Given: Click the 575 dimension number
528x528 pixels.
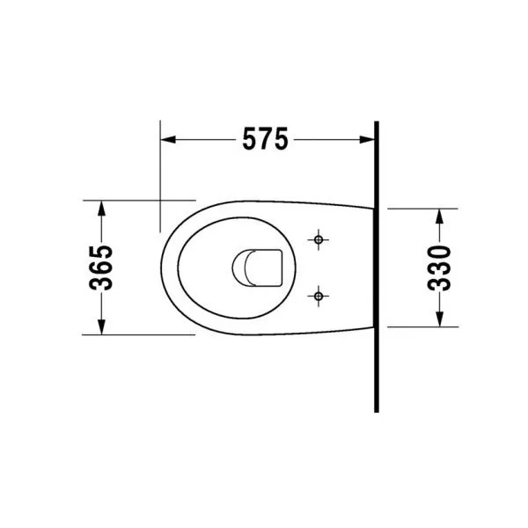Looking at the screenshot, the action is pos(266,138).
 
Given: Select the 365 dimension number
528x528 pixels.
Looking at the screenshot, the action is pos(101,268).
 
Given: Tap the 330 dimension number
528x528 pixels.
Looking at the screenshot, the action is pos(439,268).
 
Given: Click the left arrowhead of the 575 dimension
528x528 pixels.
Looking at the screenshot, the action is pos(168,139).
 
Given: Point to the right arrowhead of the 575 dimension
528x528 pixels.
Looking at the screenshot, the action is pos(367,139).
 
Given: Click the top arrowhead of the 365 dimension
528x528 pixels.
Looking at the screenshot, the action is pos(101,208).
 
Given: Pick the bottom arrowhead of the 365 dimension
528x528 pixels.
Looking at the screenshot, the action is pos(101,327).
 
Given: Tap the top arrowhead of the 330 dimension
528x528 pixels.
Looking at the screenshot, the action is pos(439,216).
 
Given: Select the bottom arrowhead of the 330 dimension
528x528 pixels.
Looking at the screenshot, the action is pos(439,319).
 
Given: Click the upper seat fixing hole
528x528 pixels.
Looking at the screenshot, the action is pos(319,239).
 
